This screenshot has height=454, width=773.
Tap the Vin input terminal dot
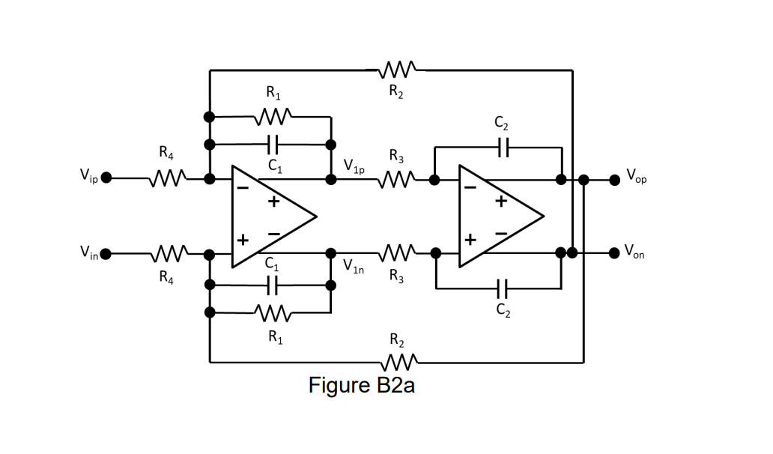(x=106, y=253)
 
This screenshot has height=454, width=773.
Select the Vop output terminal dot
(x=614, y=178)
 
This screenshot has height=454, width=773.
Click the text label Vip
(x=88, y=177)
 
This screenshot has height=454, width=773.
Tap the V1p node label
(x=354, y=166)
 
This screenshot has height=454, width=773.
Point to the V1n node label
(x=354, y=266)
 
